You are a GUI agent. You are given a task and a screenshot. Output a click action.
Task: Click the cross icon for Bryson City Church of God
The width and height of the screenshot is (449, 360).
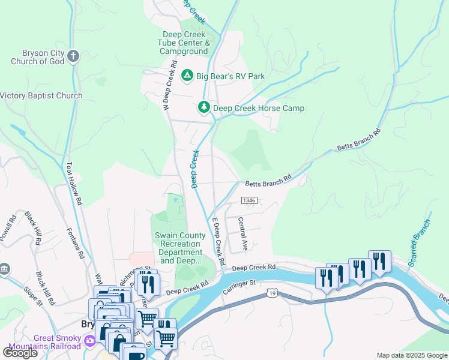[x=73, y=56]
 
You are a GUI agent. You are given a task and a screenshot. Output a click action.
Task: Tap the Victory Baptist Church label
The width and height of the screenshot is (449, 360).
[x=41, y=95]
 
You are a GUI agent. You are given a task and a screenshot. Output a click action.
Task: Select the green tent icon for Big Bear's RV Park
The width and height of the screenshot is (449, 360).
[x=187, y=76]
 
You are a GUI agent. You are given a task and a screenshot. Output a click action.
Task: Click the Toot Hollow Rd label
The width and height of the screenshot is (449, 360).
[x=74, y=184]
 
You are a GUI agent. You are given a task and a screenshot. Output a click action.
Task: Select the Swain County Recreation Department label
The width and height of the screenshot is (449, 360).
[x=179, y=248]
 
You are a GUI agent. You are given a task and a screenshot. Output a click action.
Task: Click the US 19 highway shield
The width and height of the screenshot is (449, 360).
[x=272, y=293]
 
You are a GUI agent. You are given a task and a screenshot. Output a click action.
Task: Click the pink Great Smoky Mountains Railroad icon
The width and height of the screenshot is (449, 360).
[x=89, y=341]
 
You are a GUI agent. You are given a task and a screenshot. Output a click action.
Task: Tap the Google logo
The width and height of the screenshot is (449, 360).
[x=20, y=352]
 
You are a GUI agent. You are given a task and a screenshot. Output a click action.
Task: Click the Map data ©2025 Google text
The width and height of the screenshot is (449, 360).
[x=411, y=355]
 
